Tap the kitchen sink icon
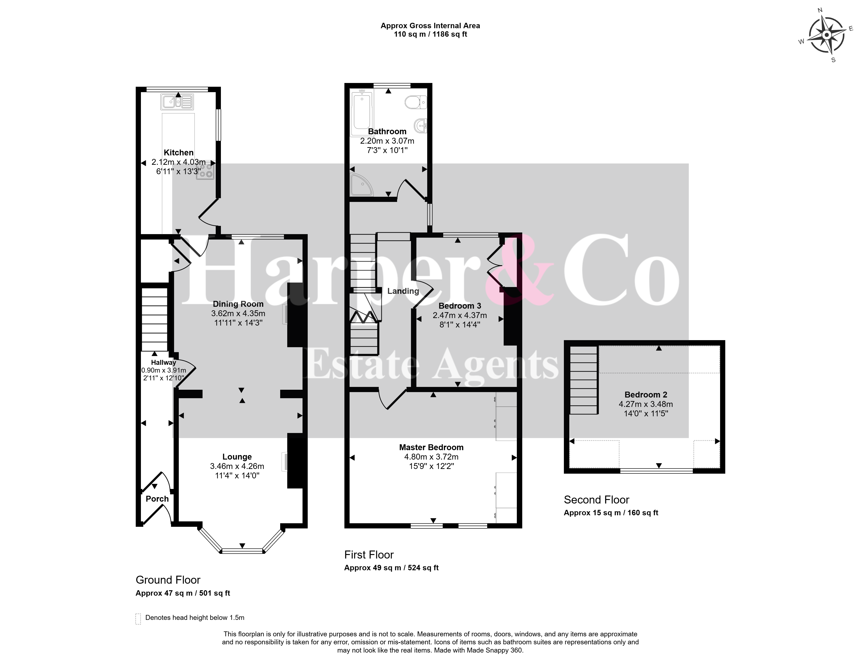(x=177, y=102)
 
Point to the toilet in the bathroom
(x=415, y=102)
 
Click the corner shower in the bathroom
(x=362, y=185)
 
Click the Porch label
(x=157, y=499)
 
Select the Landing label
(x=403, y=291)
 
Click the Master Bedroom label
(x=431, y=447)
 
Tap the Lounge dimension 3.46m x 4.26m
(x=237, y=466)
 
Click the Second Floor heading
(x=597, y=500)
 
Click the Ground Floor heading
(x=168, y=580)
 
